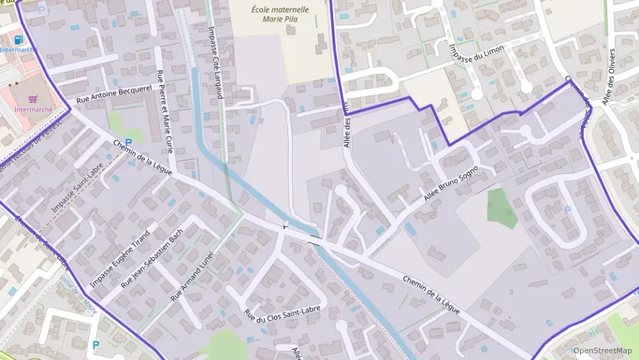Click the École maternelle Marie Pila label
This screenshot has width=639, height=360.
click(x=280, y=14)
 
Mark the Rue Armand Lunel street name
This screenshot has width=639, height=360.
click(x=193, y=276)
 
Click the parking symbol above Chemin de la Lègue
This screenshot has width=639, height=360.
click(x=128, y=143)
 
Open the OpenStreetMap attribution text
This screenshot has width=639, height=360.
click(x=601, y=350)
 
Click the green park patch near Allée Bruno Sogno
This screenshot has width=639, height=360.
click(x=501, y=208)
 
